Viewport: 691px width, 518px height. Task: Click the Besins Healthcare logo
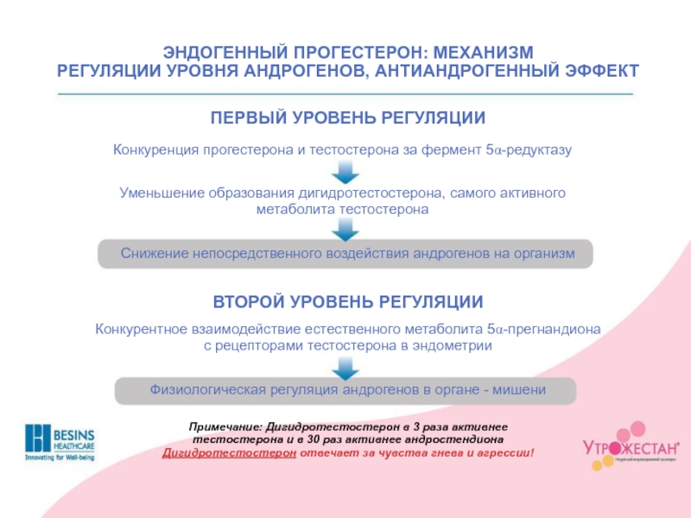tap(60, 442)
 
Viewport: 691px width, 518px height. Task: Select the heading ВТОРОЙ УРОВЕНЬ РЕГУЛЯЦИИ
tap(348, 302)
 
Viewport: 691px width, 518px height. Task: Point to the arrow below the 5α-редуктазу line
tap(345, 173)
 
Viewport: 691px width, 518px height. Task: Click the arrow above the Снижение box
tap(345, 229)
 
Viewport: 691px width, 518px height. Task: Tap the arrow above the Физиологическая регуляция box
tap(345, 367)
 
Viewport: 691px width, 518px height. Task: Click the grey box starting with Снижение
tap(345, 253)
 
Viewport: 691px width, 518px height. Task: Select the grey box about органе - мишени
tap(345, 390)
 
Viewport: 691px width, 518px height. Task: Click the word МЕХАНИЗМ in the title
tap(492, 51)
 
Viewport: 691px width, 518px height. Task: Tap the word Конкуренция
tap(155, 150)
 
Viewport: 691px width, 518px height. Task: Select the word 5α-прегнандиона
tap(544, 329)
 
